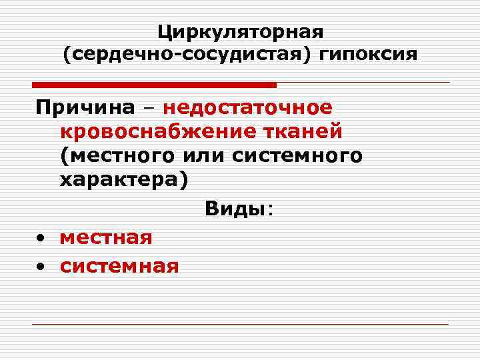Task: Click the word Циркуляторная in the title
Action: pos(240,31)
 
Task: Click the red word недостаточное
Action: pos(247,107)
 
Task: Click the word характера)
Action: pos(123,179)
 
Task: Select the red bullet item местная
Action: pos(106,237)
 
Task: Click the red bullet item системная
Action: pos(119,267)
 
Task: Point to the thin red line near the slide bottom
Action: pos(240,325)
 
